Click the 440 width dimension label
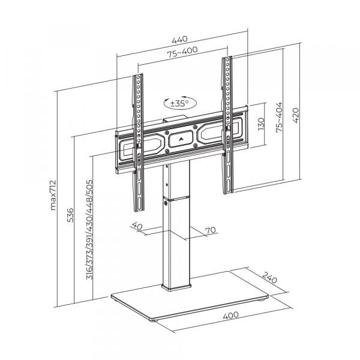pos(179,40)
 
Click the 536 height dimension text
pos(70,214)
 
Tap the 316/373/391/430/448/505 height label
pos(89,234)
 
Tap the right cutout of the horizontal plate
pos(220,132)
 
